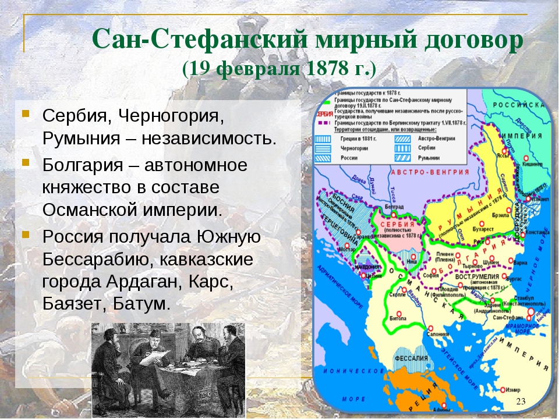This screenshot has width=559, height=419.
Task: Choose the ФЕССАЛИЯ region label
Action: coord(411,358)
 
